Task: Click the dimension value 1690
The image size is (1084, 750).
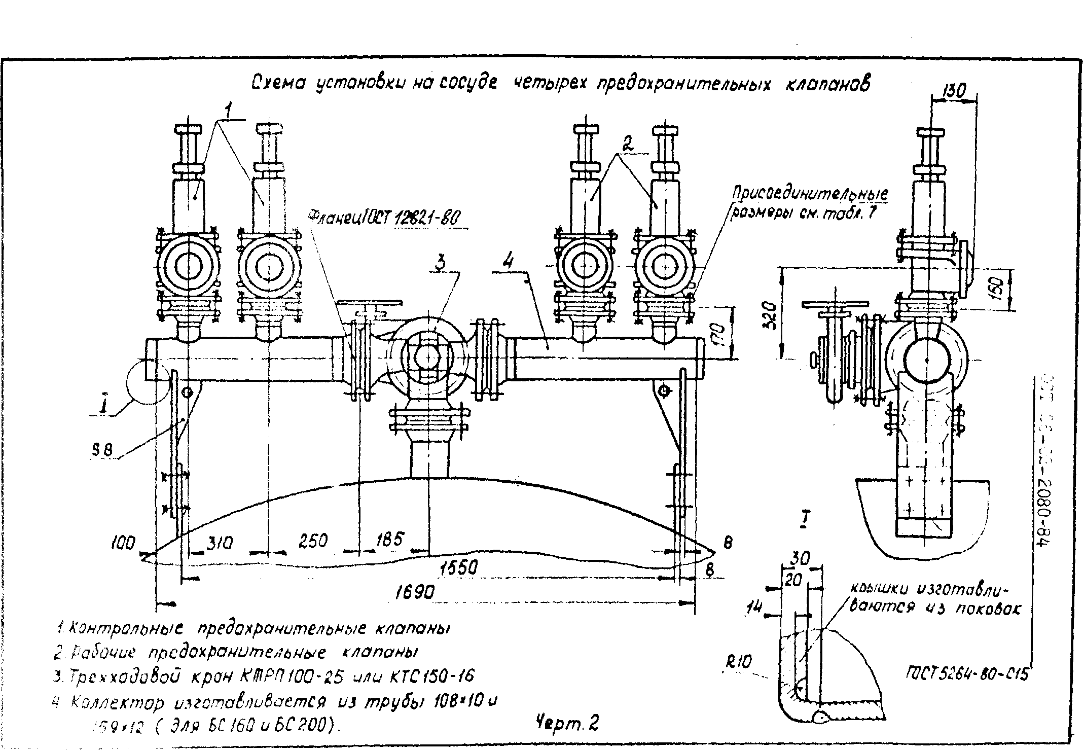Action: [x=414, y=591]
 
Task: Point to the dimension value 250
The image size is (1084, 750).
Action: [x=312, y=541]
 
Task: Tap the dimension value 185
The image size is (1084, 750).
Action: [x=389, y=539]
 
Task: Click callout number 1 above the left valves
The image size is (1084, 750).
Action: [x=229, y=110]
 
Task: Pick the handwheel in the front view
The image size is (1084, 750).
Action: [x=369, y=304]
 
